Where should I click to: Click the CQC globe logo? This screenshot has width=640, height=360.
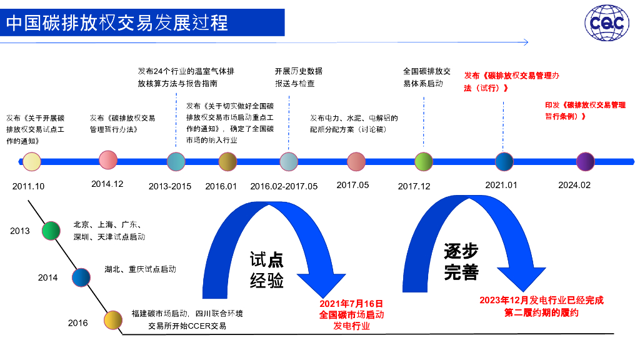(607, 24)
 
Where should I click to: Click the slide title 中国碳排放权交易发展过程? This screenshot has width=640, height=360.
(117, 23)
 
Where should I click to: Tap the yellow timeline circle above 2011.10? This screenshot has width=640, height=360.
(31, 162)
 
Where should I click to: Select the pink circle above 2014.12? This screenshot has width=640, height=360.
(108, 160)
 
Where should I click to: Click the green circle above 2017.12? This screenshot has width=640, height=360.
(424, 162)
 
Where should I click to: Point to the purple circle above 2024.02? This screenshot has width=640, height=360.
(585, 162)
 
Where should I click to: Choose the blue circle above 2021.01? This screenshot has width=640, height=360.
(504, 162)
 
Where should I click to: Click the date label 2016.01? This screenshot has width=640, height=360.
(221, 186)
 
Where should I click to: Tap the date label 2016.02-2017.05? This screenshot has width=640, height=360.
(284, 186)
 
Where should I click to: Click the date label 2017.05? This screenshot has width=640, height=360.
(352, 185)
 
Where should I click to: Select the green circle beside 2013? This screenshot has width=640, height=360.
(51, 231)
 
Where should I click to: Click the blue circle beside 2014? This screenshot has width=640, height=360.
(81, 277)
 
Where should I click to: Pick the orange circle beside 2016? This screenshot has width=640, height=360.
(112, 320)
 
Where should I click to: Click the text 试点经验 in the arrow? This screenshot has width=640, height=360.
(267, 271)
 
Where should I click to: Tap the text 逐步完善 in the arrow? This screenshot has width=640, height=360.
(461, 262)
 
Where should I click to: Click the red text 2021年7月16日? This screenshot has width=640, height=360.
(351, 303)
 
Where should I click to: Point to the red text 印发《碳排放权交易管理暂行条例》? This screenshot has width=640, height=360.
(585, 111)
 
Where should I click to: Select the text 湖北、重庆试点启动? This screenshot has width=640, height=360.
(140, 270)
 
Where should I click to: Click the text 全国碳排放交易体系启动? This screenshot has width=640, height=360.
(427, 77)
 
